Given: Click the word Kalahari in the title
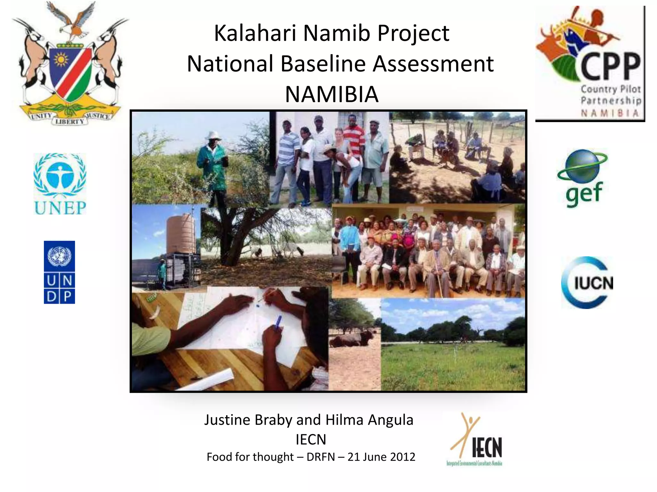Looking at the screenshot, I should pos(255,33).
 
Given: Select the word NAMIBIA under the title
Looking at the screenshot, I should pos(332,94).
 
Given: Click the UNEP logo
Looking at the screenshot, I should pos(60,184).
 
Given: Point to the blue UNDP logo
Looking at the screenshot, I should pos(59,272).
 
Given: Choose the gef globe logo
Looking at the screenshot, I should pos(583,178).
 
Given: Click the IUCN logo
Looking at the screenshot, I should pos(587,283).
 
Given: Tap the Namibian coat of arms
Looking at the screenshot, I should pos(70,64).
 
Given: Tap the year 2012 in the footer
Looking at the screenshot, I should pos(403,457).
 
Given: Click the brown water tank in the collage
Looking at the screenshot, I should pos(181,234).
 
